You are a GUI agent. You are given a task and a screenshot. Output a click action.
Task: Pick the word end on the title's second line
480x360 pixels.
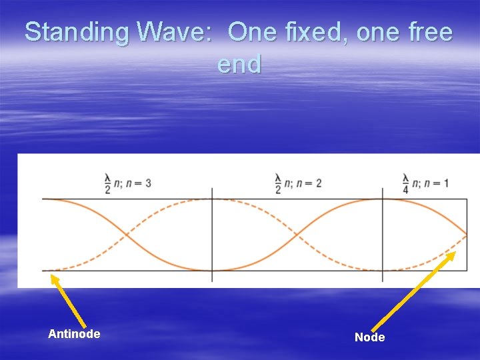point(239,65)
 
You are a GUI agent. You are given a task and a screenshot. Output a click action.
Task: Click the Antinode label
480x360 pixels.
point(74,333)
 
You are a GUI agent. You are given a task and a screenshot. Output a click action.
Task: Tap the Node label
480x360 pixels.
point(369,337)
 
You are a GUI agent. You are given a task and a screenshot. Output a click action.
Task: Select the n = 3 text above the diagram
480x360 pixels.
point(137,183)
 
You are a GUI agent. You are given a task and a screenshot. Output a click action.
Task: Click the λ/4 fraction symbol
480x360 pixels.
point(405,183)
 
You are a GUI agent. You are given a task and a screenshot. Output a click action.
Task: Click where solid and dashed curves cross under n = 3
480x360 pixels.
point(127,235)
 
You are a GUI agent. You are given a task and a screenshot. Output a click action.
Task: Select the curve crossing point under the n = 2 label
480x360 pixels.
point(297,235)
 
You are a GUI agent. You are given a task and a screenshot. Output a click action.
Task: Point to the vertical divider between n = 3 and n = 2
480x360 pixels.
point(212,235)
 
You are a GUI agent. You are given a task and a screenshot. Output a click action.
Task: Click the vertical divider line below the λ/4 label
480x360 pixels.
point(382,235)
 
